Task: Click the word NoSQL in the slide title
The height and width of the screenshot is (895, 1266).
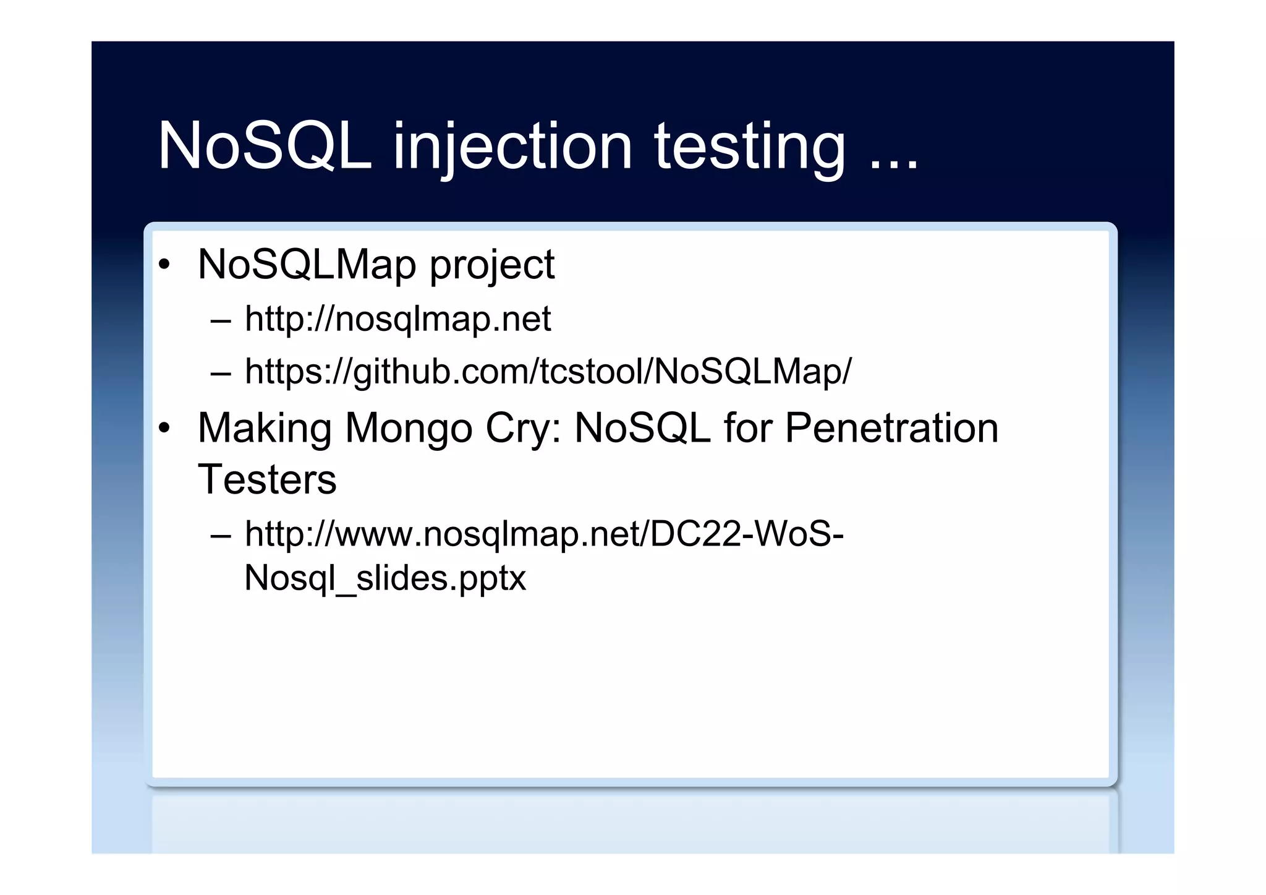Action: point(265,146)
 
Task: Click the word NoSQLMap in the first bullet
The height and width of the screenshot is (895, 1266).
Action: point(307,265)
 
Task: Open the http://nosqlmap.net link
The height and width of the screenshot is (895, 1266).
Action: point(397,319)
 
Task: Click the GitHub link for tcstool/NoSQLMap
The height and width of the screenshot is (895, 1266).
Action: point(548,372)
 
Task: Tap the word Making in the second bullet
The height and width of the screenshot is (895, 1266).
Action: point(265,429)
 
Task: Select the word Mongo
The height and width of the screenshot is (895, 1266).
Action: point(409,429)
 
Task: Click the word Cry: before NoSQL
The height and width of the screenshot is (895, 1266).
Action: point(523,429)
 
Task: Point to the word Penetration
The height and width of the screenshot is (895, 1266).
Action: point(891,428)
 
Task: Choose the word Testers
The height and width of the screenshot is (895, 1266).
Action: point(267,479)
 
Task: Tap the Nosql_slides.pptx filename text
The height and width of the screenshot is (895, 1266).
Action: point(385,578)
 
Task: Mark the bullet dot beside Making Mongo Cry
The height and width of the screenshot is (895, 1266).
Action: point(164,429)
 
